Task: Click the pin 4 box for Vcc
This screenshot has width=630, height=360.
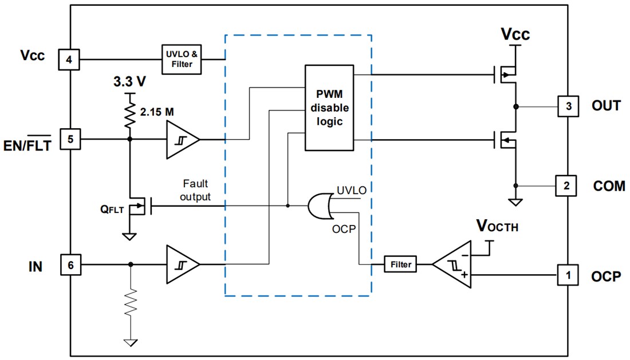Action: pos(69,59)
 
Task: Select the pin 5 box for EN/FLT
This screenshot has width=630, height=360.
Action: pos(69,139)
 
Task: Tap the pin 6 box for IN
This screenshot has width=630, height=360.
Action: pos(69,264)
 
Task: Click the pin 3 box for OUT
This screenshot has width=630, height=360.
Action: pos(567,106)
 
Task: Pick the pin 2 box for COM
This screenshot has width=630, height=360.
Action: pos(567,185)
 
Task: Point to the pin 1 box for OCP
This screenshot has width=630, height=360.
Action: pos(567,275)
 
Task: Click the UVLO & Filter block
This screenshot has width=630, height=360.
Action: pos(182,59)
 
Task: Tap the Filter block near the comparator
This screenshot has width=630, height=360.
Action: pos(400,264)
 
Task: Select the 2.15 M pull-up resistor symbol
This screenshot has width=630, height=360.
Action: pos(130,115)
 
